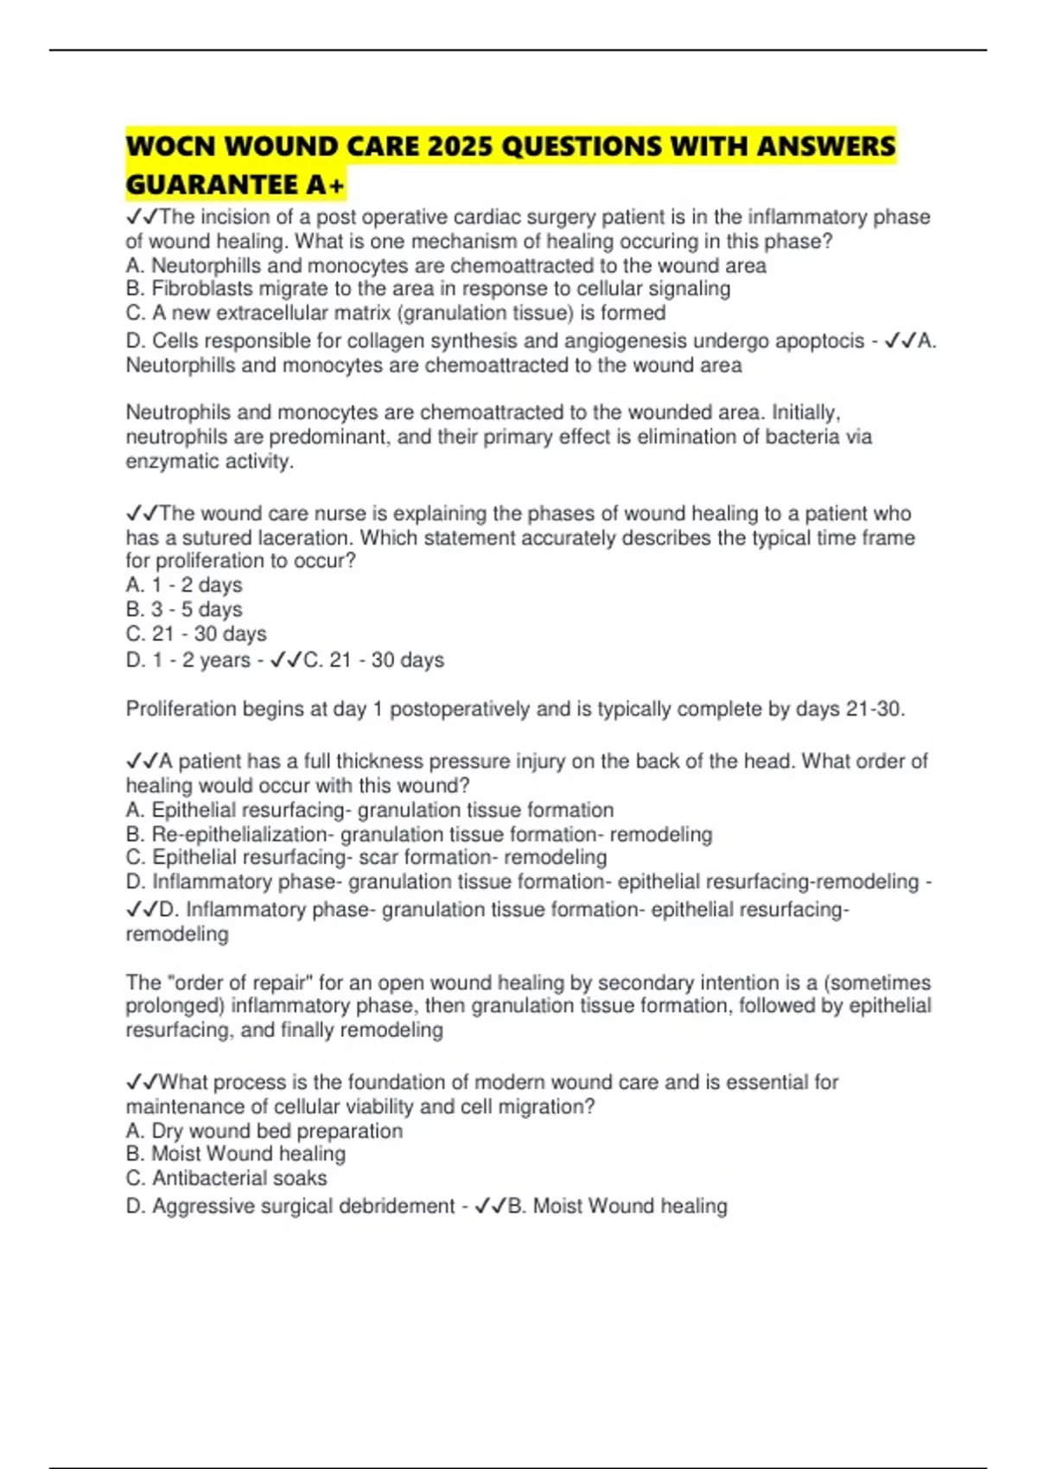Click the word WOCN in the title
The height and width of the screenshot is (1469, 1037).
click(170, 146)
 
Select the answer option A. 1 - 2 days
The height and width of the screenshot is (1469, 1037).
click(184, 585)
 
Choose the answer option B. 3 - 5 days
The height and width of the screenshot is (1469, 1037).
click(184, 609)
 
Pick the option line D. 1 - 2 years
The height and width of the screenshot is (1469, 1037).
click(188, 660)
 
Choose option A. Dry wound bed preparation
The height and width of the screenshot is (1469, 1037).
click(264, 1131)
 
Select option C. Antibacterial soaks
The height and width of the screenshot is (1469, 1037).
click(226, 1178)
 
